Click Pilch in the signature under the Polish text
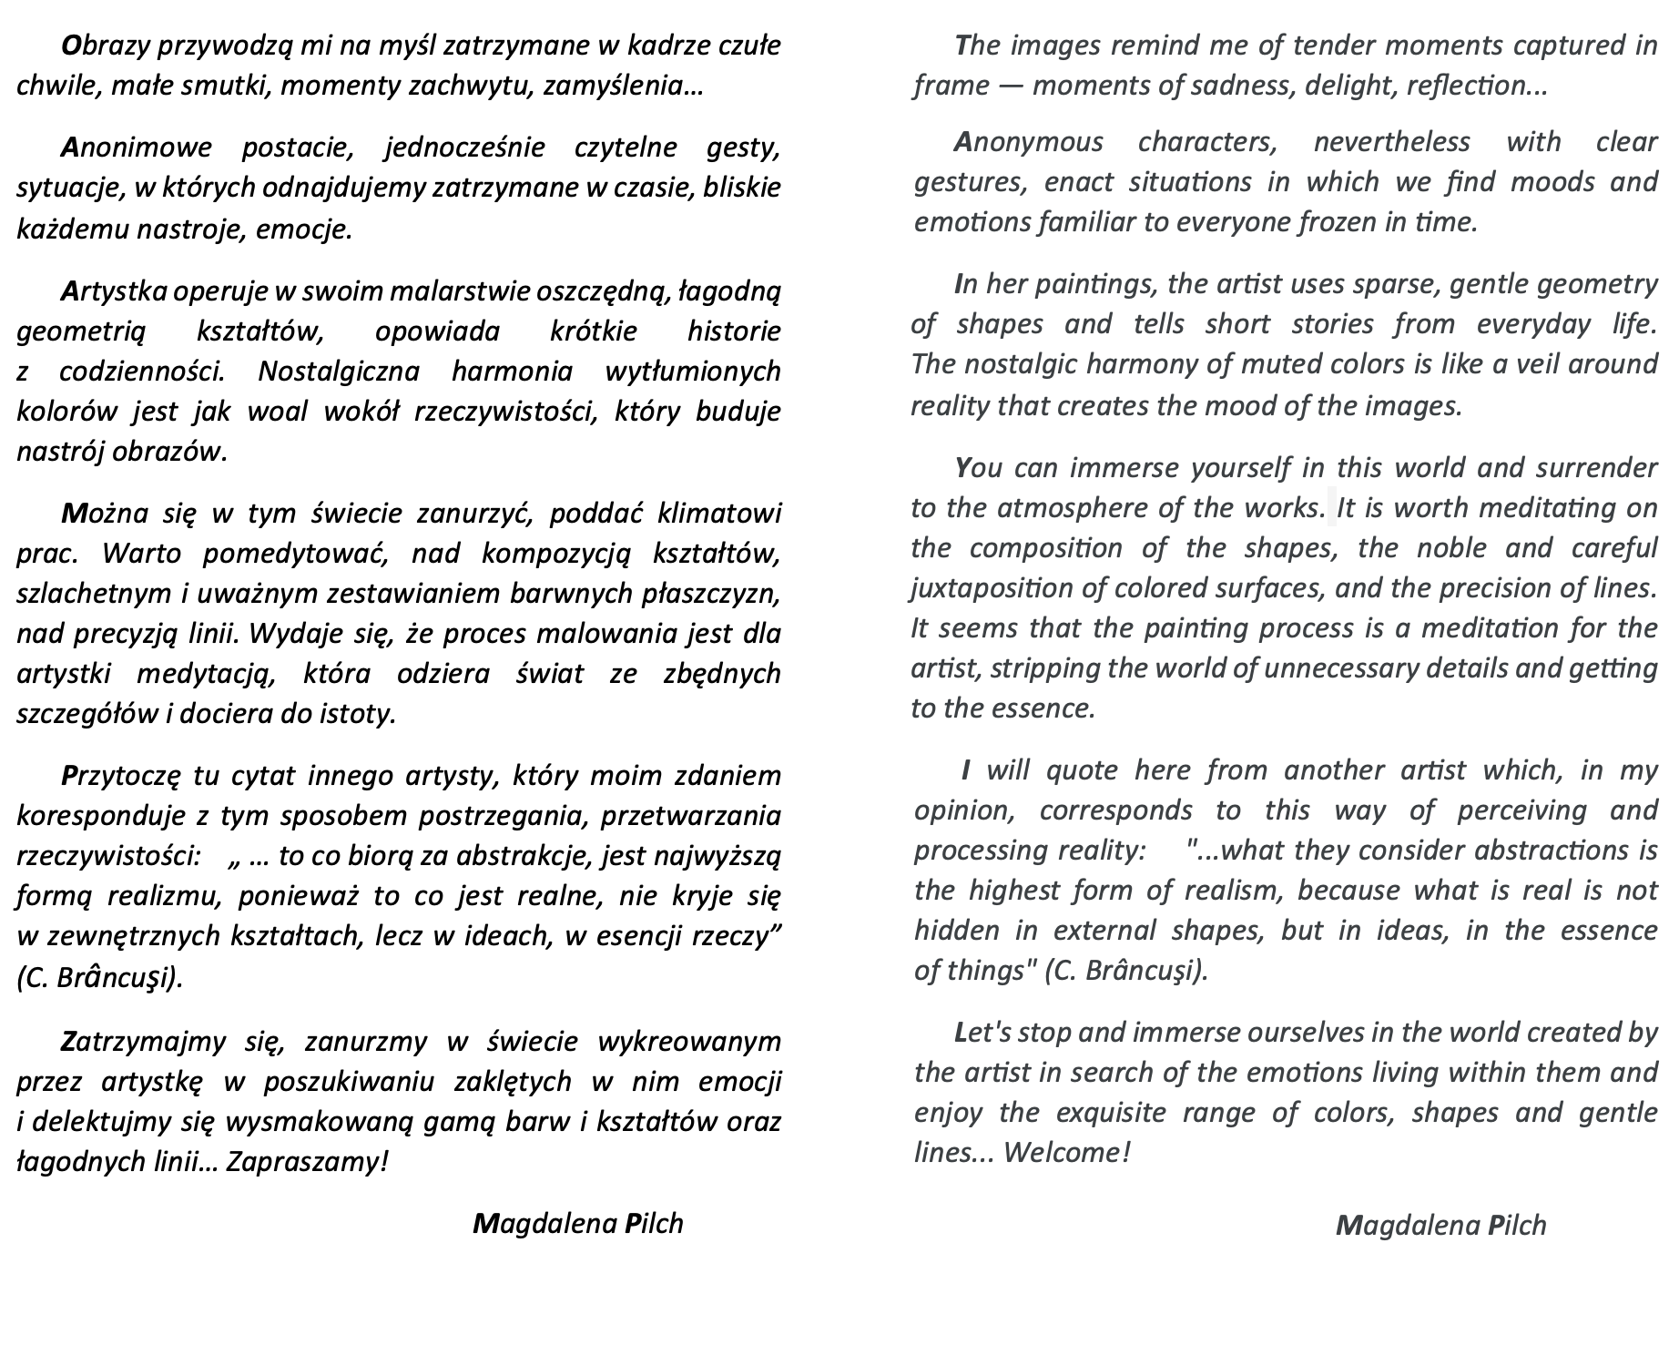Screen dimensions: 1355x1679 654,1223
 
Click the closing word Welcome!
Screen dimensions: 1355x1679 1066,1152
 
